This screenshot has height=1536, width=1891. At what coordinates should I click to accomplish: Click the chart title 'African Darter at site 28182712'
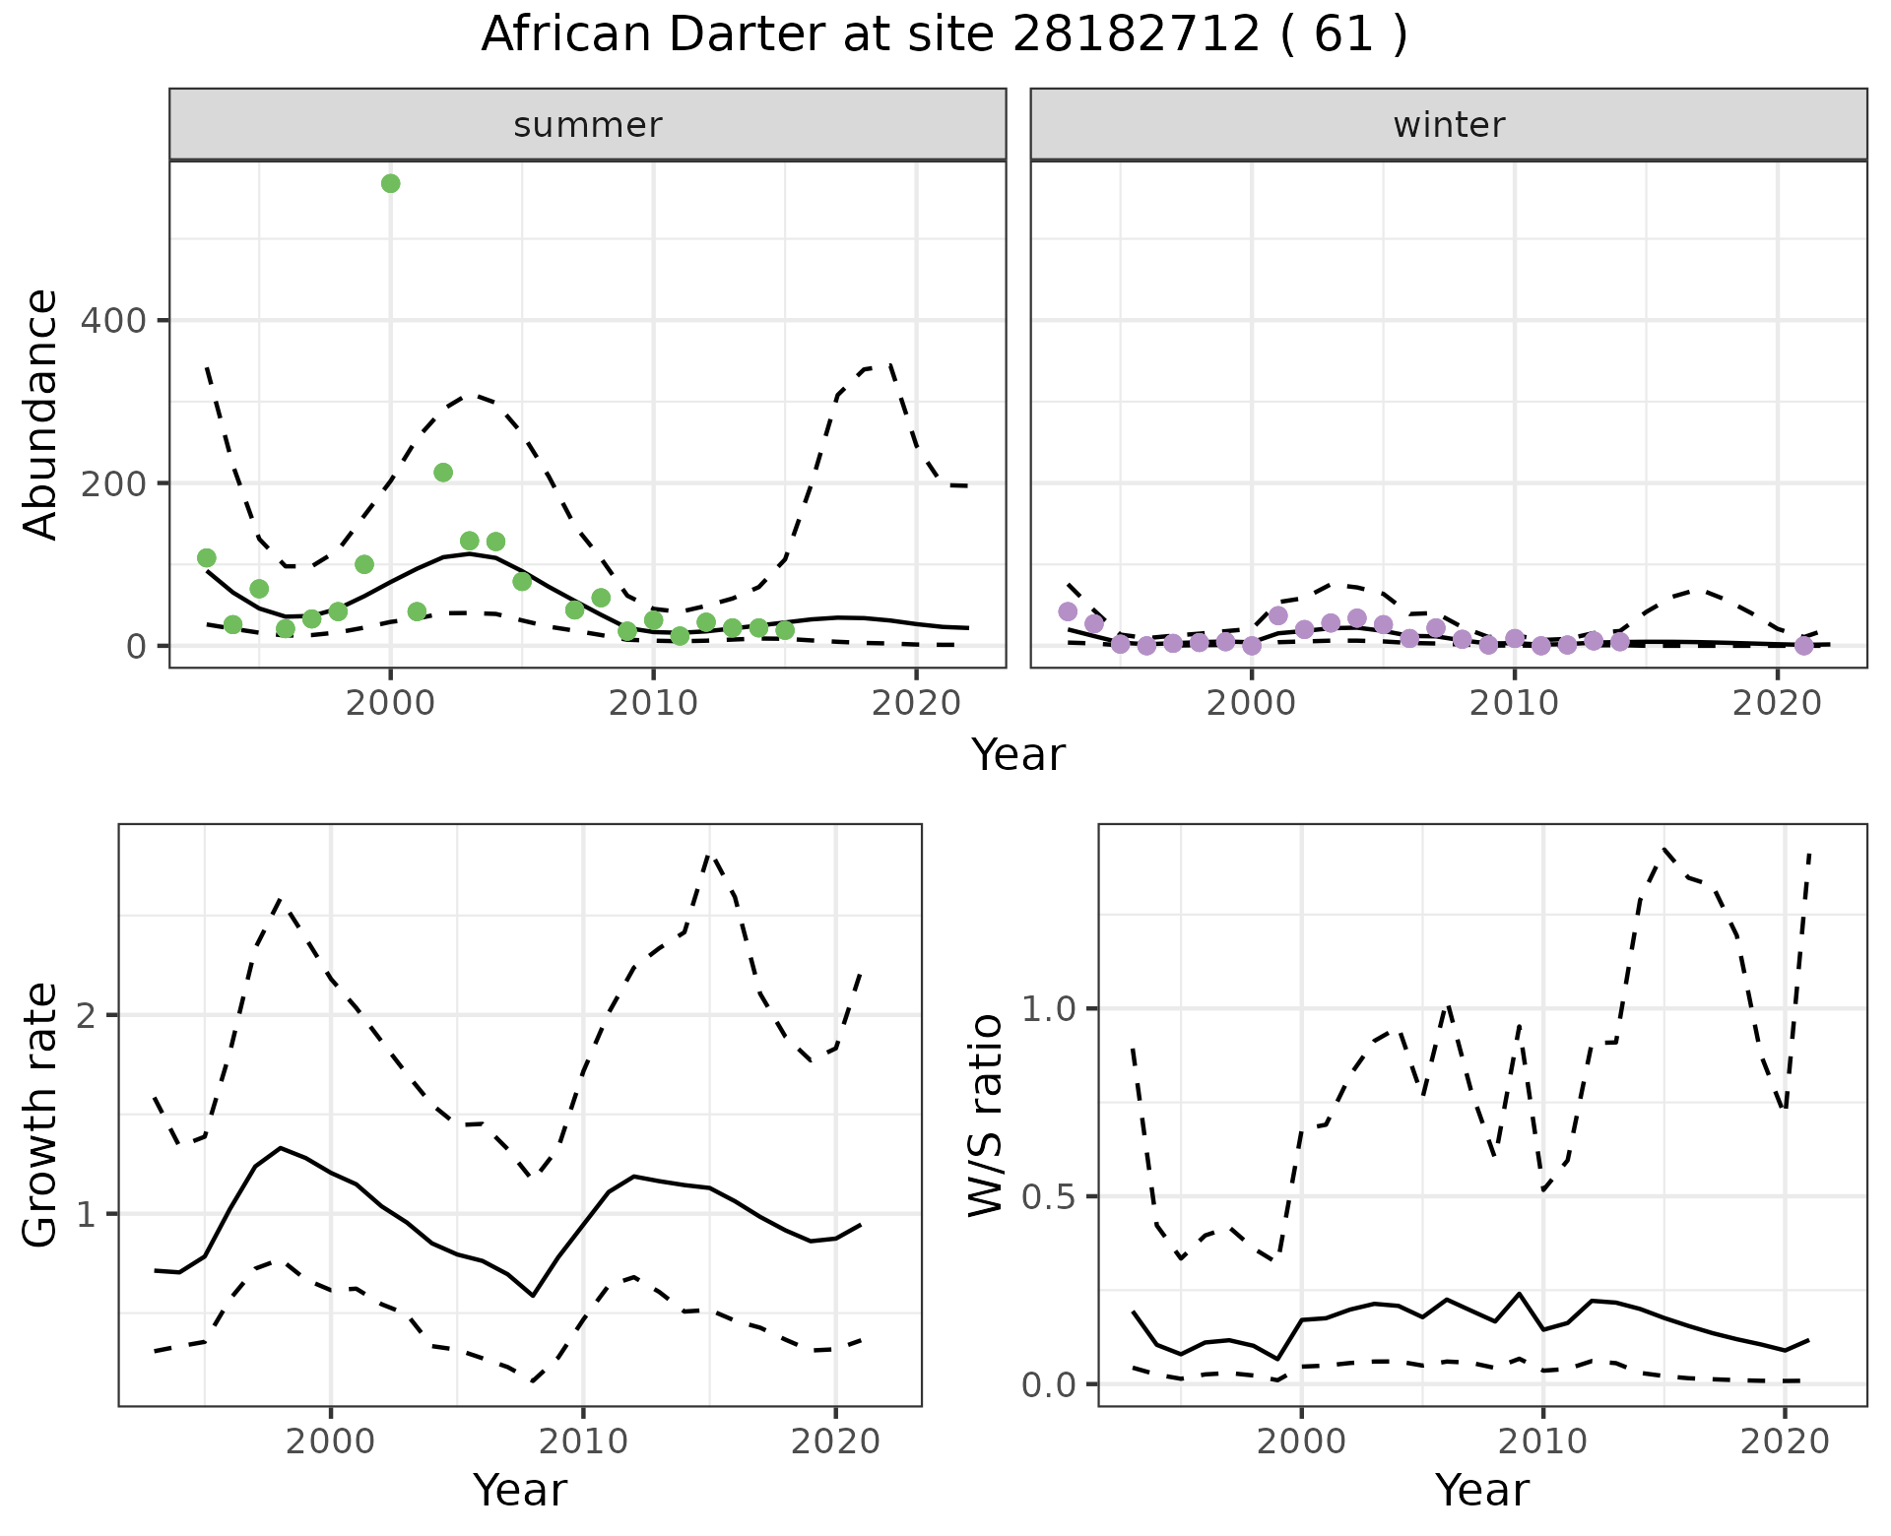(x=944, y=35)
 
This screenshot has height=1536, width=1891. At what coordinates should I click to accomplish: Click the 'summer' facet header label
(x=587, y=125)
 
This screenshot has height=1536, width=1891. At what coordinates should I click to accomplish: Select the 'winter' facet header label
(x=1448, y=125)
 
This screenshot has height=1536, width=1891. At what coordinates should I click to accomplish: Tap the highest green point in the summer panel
(x=390, y=184)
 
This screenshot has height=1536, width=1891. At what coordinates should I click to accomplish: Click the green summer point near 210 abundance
(x=443, y=473)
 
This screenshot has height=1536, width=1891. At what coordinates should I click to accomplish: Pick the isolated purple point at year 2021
(x=1803, y=646)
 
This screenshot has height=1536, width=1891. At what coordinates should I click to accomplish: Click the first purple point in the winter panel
(x=1068, y=611)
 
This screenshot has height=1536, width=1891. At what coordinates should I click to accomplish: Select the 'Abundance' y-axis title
(x=41, y=415)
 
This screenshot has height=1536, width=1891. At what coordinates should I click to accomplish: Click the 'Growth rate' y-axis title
(x=41, y=1115)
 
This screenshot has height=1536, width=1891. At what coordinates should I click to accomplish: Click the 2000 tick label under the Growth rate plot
(x=331, y=1442)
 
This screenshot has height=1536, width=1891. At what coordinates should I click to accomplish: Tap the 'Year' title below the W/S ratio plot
(x=1481, y=1491)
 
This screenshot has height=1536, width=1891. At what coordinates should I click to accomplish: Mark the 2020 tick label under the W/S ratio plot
(x=1784, y=1442)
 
